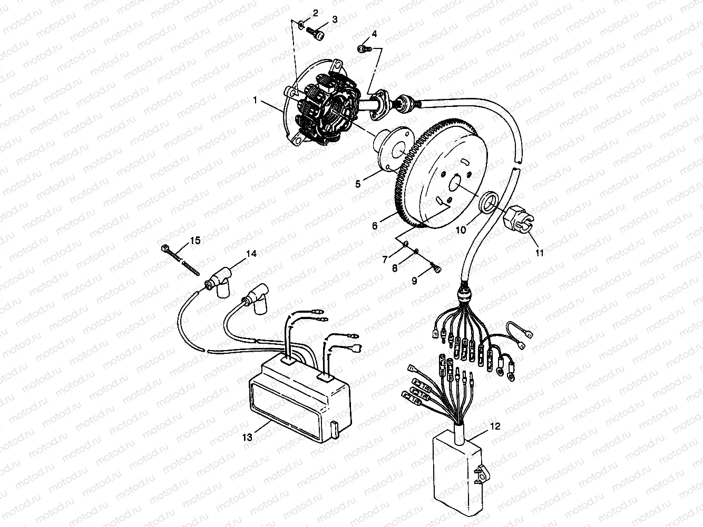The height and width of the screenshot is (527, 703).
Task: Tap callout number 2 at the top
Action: tap(316, 12)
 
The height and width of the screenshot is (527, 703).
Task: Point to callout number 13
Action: tap(250, 436)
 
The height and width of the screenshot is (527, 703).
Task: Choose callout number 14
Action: tap(251, 254)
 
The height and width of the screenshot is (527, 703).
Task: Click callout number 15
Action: tap(195, 240)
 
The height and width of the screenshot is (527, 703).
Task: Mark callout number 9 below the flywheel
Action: tap(414, 281)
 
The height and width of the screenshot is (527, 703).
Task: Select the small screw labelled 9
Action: tap(436, 269)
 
